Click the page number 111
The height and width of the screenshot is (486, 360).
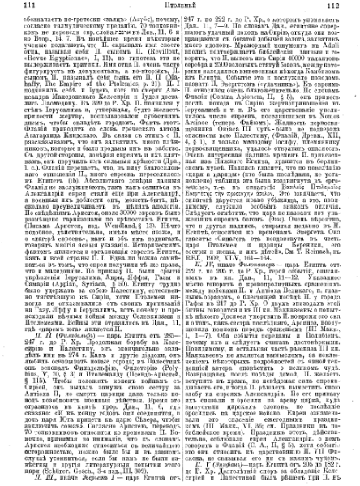point(15,6)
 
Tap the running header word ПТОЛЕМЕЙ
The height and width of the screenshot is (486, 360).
point(178,6)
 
